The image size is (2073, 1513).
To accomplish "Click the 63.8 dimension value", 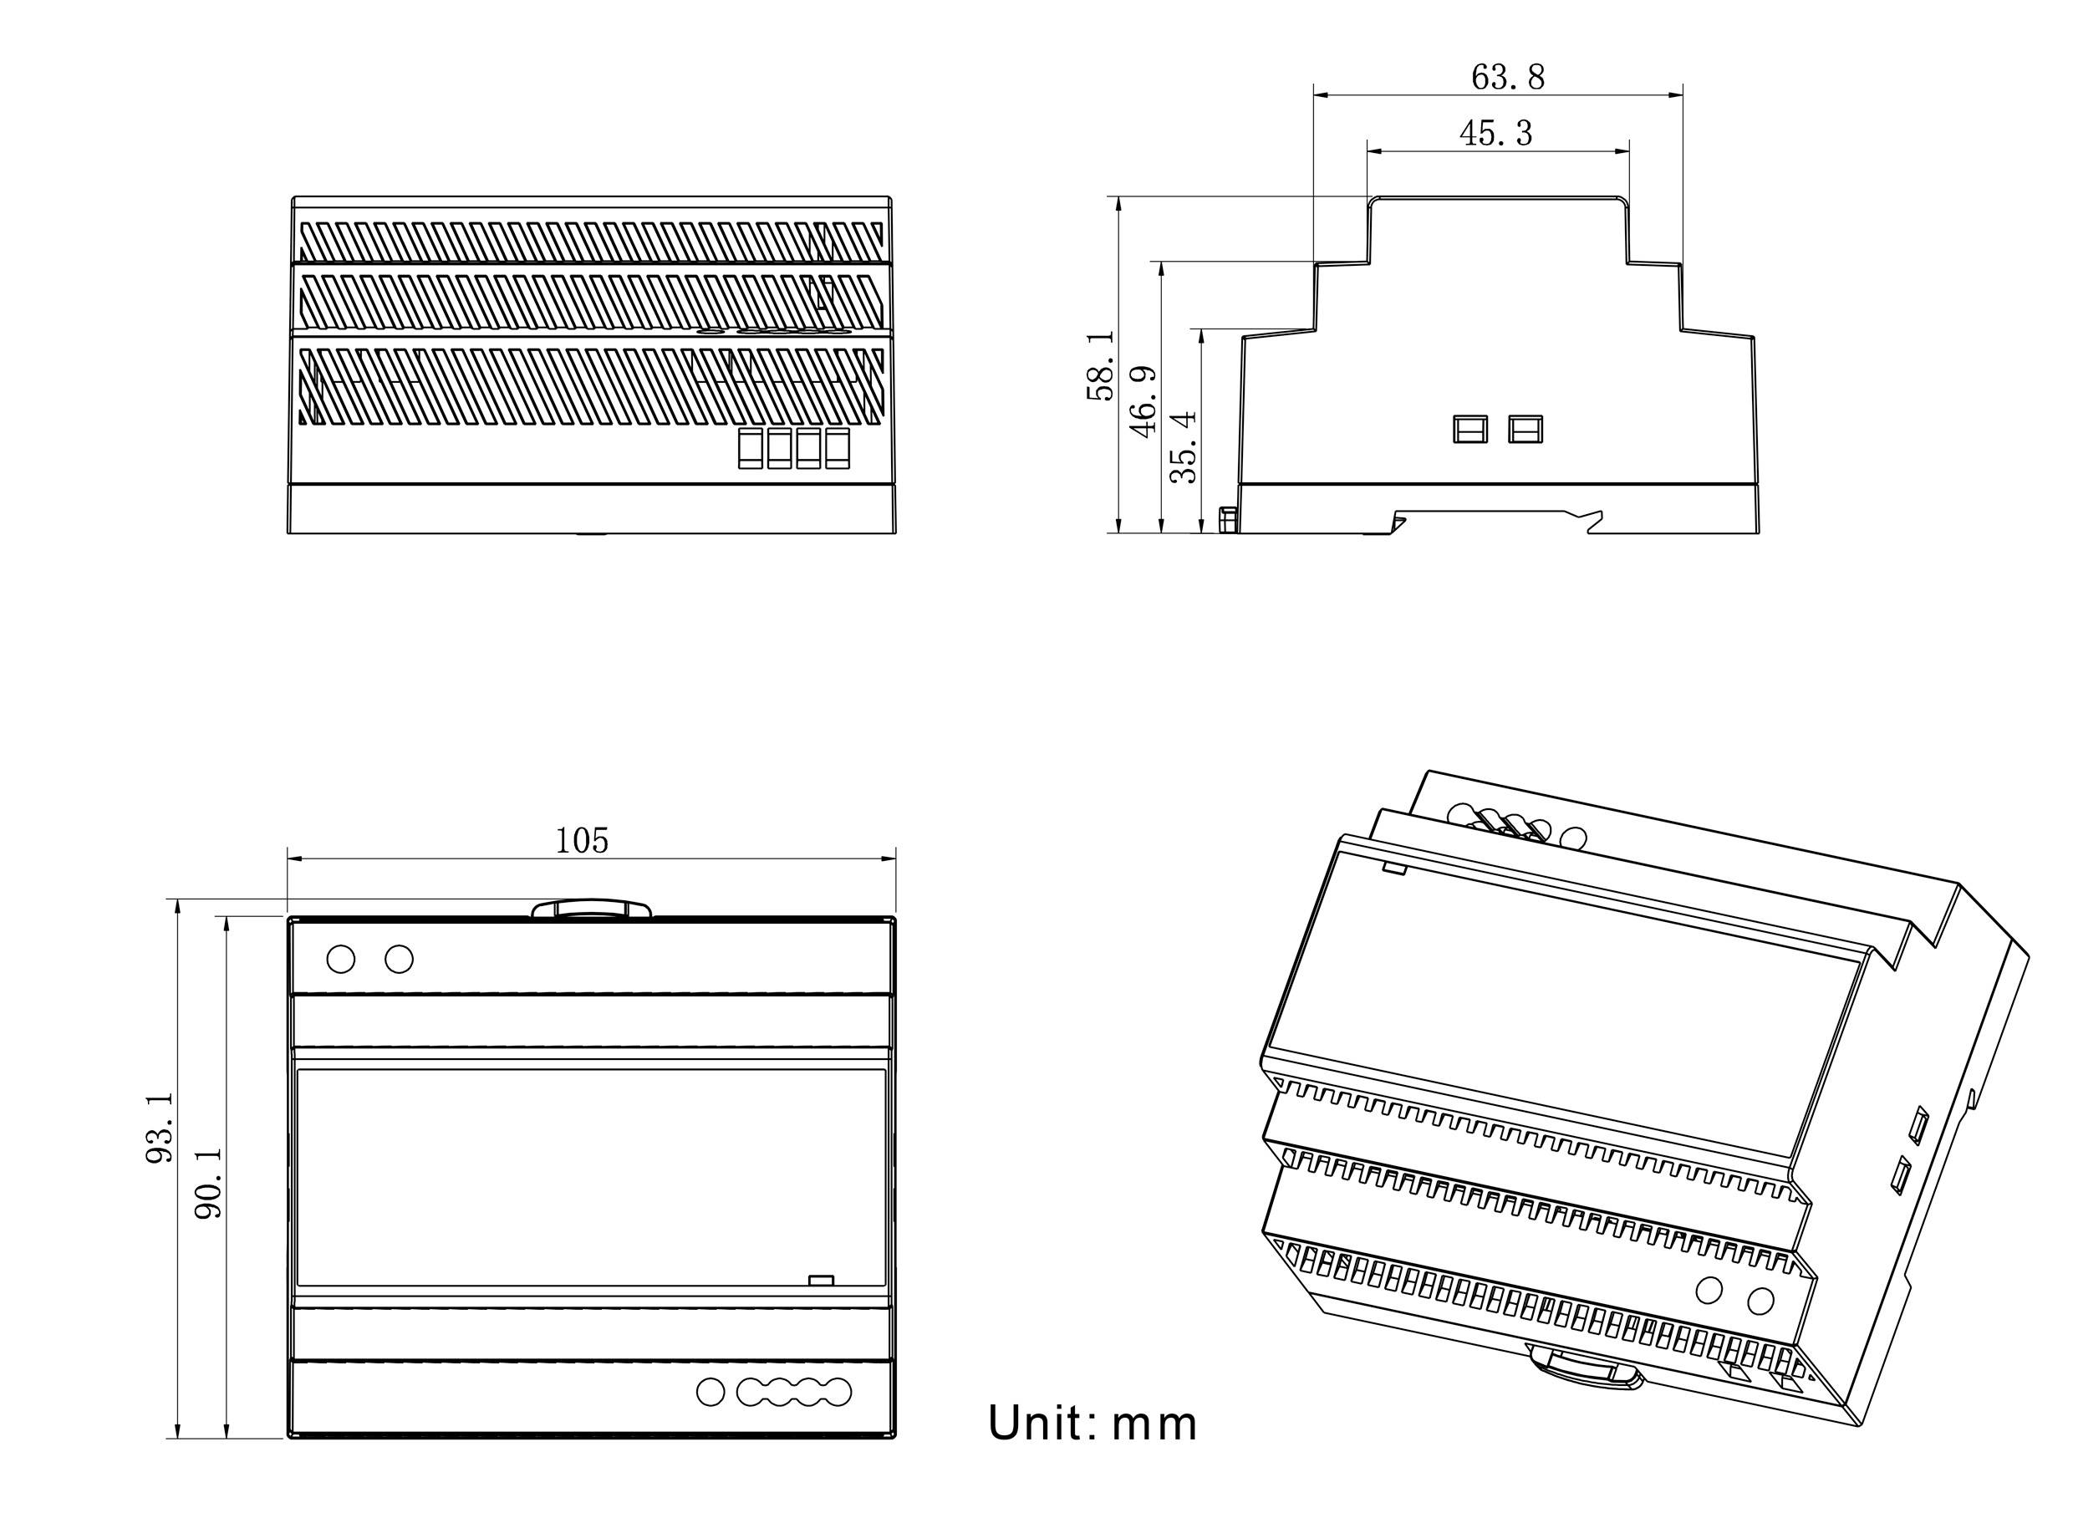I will click(x=1507, y=77).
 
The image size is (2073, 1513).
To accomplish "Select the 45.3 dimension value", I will click(x=1495, y=134).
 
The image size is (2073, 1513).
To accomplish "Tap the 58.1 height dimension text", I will click(x=1101, y=366).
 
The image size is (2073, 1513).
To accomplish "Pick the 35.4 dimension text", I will click(x=1184, y=446).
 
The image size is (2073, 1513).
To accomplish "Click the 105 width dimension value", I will click(x=582, y=840).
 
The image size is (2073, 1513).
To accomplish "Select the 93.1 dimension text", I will click(x=160, y=1128).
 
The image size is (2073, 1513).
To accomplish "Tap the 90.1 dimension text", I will click(x=210, y=1184).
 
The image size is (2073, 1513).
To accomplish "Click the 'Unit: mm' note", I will click(x=1092, y=1424).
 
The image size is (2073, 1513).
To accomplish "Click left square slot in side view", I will click(x=1469, y=429).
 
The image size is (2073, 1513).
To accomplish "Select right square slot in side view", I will click(x=1525, y=429).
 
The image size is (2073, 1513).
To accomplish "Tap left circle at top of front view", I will click(x=340, y=959).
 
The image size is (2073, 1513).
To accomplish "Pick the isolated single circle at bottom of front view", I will click(x=710, y=1392).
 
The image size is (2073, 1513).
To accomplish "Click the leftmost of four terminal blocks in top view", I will click(x=750, y=449).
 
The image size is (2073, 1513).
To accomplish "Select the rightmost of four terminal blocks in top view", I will click(x=837, y=449).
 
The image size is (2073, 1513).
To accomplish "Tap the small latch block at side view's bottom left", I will click(x=1228, y=520).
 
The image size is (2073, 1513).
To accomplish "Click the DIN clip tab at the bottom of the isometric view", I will click(x=1583, y=1370).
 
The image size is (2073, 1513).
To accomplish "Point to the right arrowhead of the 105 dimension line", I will click(x=889, y=858).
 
